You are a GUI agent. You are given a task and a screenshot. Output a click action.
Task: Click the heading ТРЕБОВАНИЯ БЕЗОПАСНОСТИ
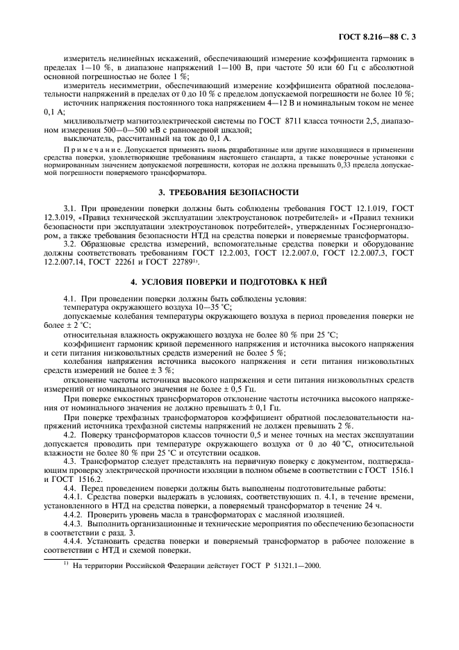[236, 192]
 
